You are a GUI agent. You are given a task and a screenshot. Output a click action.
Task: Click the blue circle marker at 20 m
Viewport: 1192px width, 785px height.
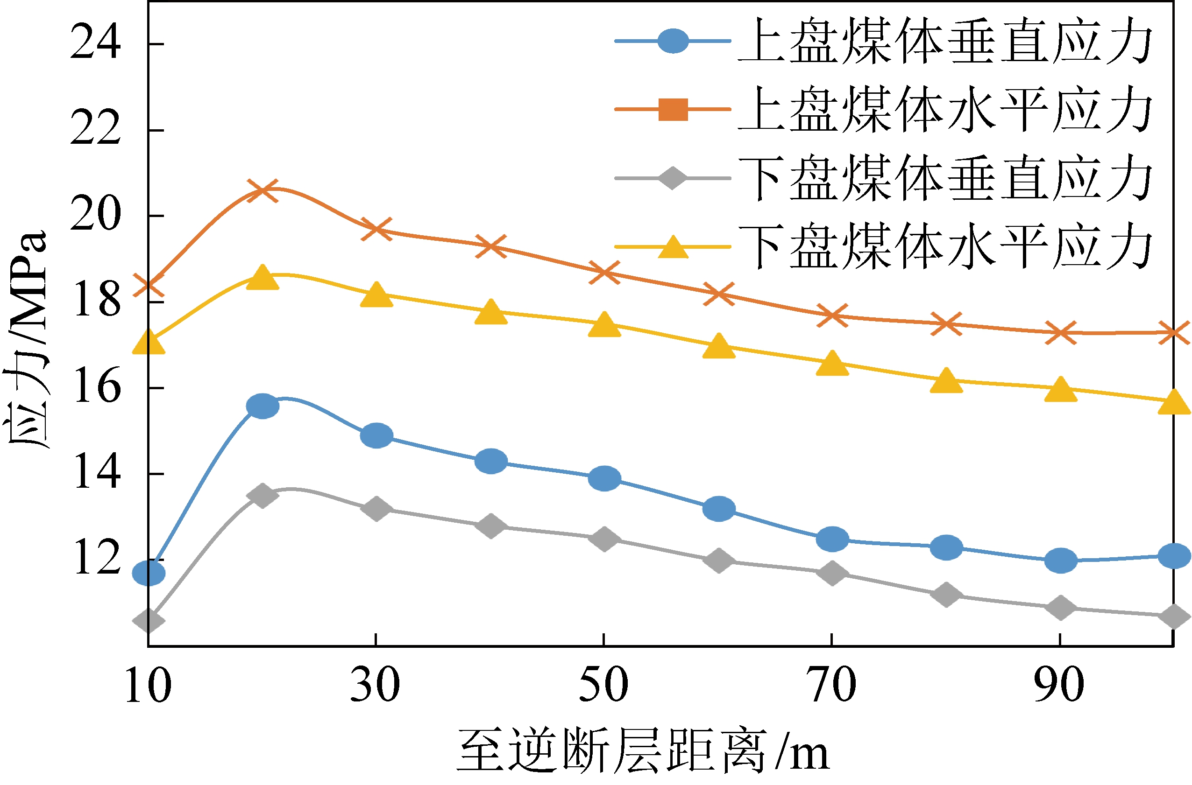tap(262, 406)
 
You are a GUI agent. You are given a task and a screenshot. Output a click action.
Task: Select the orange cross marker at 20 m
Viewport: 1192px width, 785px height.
tap(262, 190)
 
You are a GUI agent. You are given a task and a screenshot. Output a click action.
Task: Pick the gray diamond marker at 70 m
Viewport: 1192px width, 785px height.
tap(832, 573)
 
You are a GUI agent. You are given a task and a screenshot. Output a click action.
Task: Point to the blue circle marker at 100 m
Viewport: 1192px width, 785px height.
tap(1174, 556)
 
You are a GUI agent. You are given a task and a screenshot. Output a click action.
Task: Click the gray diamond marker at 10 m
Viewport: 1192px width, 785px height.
tap(149, 621)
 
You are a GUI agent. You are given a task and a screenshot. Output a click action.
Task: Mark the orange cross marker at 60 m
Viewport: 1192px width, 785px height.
tap(718, 294)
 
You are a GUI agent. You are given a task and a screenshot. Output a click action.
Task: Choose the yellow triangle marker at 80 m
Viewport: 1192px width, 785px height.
tap(946, 381)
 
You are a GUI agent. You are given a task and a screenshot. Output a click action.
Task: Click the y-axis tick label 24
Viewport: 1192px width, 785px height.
tap(95, 43)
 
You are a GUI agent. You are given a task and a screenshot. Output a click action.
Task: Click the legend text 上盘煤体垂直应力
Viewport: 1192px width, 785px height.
tap(944, 41)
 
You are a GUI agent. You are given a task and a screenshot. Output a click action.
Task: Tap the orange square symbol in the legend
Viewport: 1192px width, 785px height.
tap(673, 110)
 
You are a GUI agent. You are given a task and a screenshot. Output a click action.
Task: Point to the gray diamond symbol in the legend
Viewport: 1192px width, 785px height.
tap(673, 178)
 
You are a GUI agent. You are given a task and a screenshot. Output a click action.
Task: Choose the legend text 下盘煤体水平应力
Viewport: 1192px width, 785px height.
tap(944, 246)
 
